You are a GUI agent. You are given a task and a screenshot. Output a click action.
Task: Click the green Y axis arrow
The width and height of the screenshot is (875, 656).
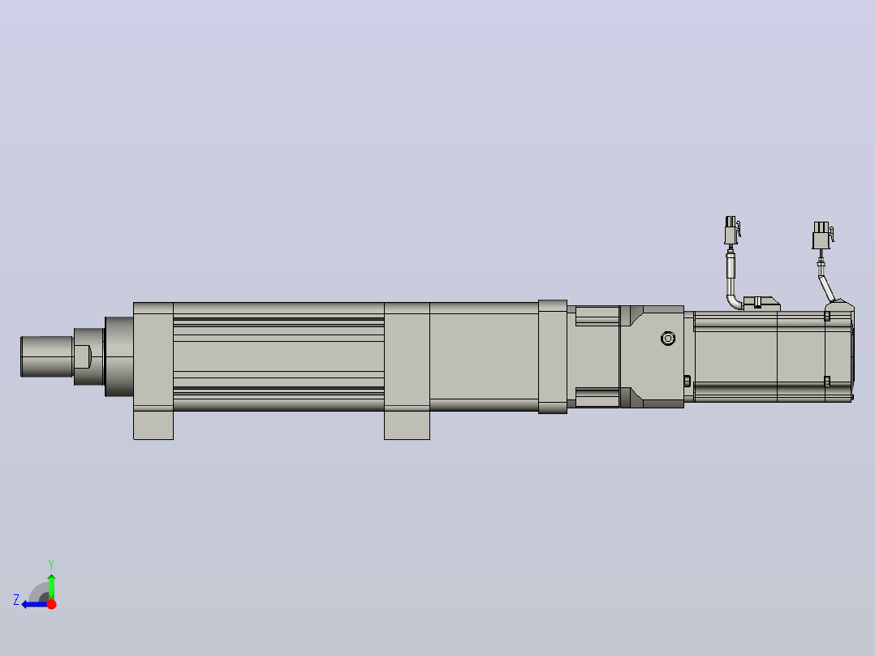click(x=51, y=585)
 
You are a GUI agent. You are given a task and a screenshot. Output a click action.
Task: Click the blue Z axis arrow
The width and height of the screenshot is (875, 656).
click(x=35, y=604)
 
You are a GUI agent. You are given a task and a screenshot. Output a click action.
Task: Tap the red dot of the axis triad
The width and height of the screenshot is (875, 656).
click(x=52, y=604)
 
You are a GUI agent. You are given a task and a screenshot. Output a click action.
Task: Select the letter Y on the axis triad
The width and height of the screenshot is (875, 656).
click(x=51, y=564)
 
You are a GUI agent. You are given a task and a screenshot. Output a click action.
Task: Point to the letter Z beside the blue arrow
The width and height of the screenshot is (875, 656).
click(x=16, y=600)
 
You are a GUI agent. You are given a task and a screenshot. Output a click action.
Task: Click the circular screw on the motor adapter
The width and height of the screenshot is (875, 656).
click(x=668, y=339)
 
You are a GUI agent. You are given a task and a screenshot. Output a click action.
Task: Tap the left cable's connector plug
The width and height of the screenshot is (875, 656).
click(x=731, y=230)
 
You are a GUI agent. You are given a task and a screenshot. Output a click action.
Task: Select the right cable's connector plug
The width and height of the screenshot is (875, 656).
click(x=822, y=235)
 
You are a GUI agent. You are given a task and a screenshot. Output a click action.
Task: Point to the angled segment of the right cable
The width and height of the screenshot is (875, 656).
click(x=826, y=288)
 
